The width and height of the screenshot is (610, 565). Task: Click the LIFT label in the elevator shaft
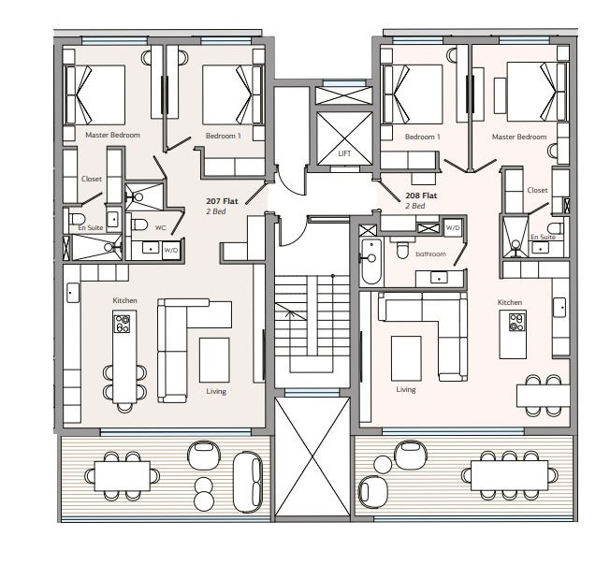344,153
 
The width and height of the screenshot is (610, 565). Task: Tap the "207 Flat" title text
222,201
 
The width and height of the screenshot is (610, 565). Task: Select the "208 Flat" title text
421,196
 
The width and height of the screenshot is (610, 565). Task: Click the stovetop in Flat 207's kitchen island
123,324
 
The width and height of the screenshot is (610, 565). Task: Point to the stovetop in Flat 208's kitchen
517,322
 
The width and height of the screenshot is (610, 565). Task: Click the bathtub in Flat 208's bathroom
371,261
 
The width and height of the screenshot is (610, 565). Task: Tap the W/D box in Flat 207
171,251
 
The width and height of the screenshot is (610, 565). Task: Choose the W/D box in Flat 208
453,228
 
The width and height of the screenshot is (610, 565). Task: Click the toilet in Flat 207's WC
139,225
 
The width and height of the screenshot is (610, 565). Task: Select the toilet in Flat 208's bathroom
402,250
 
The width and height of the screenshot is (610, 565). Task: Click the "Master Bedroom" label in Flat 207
112,135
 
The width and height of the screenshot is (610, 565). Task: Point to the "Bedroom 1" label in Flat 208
422,137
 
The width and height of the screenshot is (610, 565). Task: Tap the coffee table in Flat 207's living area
214,360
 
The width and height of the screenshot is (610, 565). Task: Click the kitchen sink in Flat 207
73,293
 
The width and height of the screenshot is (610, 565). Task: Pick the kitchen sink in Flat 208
559,307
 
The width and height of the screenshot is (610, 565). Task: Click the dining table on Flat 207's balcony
123,476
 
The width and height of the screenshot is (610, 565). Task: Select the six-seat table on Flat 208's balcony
509,475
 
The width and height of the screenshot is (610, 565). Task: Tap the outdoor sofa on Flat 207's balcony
248,482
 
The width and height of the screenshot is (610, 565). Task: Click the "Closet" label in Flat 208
537,190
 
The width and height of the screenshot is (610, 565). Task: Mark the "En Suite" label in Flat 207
91,228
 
